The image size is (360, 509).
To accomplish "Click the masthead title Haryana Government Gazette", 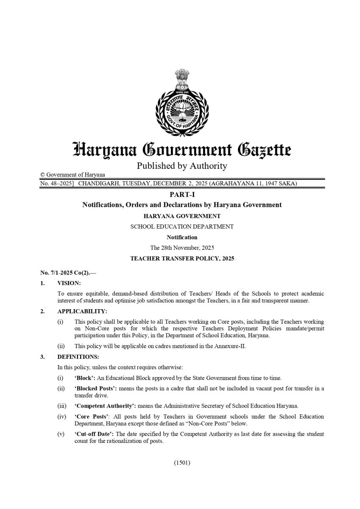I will point(182,150).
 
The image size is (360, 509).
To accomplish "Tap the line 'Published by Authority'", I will point(182,166).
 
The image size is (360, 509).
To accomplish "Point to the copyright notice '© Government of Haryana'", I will point(73,175).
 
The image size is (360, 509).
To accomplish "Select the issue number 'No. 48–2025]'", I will point(57,184).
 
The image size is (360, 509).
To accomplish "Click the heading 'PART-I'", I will point(182,195).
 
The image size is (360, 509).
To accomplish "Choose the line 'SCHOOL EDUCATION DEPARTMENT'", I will point(182,227).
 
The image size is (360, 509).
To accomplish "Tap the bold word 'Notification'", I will point(182,237).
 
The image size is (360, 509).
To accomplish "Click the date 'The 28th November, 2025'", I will point(182,248).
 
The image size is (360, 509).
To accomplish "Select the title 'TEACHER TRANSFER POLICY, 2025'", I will point(182,258).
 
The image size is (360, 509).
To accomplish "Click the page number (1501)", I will point(182,463).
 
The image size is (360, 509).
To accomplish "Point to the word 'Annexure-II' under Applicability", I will point(231,346).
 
